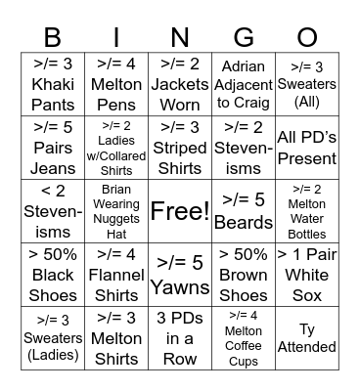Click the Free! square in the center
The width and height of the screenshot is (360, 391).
[x=180, y=210]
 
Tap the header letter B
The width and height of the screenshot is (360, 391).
[x=53, y=38]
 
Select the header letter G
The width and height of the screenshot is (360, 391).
[x=244, y=38]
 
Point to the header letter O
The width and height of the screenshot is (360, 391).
[x=307, y=38]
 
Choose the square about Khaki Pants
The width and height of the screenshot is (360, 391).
[x=53, y=84]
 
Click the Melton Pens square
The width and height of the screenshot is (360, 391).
[x=116, y=84]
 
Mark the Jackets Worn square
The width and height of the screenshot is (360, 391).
[x=180, y=84]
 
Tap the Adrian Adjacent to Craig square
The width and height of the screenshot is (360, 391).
[x=244, y=84]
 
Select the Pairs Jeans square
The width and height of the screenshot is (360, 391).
[x=53, y=147]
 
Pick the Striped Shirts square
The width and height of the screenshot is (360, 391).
[x=180, y=147]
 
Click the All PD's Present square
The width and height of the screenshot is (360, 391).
[x=307, y=147]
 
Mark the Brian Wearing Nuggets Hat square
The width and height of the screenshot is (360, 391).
[x=116, y=210]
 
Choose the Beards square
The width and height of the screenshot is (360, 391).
[x=244, y=210]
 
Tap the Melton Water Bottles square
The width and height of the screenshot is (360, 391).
[x=307, y=210]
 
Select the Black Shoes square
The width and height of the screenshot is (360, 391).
[x=53, y=274]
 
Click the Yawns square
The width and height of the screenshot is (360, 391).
[x=180, y=274]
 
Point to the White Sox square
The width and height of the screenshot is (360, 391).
[x=307, y=274]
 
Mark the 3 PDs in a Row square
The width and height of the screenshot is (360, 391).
[x=180, y=337]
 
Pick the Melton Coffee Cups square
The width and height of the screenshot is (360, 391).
[x=244, y=337]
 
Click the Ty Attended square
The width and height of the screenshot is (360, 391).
[x=307, y=337]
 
